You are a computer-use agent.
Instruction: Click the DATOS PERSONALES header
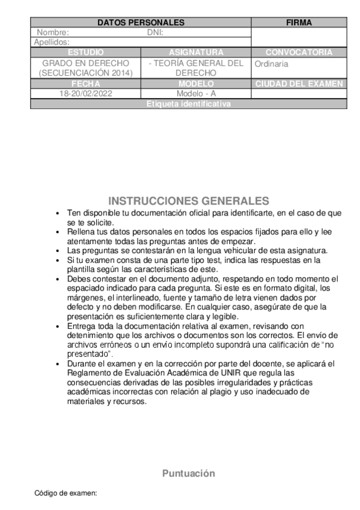[x=141, y=23]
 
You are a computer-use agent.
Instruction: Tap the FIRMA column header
[x=299, y=23]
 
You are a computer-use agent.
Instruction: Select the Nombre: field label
[x=53, y=32]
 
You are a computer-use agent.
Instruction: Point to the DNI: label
[x=155, y=32]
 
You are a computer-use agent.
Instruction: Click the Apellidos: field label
[x=52, y=42]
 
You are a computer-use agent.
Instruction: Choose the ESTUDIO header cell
[x=85, y=52]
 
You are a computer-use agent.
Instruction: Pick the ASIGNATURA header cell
[x=196, y=52]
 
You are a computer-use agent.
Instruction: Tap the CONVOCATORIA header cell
[x=299, y=52]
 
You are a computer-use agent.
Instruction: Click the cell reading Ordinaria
[x=272, y=64]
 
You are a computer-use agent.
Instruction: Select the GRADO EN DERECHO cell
[x=85, y=68]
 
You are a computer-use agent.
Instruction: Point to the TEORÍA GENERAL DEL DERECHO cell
[x=196, y=68]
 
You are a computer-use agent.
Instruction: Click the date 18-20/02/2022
[x=85, y=94]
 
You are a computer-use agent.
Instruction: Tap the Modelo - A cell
[x=196, y=94]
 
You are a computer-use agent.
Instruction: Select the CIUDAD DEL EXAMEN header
[x=299, y=84]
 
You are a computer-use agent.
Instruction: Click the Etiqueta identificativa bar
[x=188, y=104]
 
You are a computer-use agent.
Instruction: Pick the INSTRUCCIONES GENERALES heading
[x=189, y=200]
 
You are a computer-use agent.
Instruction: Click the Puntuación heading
[x=189, y=473]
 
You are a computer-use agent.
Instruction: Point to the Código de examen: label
[x=66, y=493]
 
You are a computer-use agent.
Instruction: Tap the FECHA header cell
[x=85, y=84]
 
